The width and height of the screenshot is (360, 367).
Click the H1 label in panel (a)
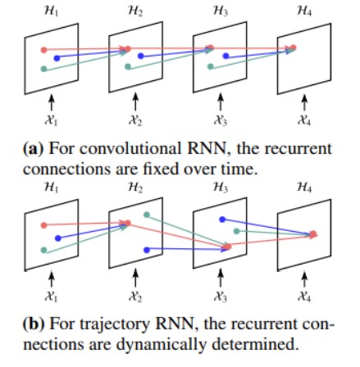tap(51, 11)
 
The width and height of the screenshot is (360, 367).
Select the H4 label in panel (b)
tap(304, 187)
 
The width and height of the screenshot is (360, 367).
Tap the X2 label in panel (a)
tap(135, 120)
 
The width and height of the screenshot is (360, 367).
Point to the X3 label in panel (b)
tap(220, 297)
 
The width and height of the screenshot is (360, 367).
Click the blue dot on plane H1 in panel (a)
tap(57, 58)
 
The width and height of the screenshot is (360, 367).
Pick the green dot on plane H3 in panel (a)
tap(210, 66)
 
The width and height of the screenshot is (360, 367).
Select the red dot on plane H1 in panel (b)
tap(43, 225)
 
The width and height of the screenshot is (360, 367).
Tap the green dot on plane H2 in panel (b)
tap(147, 215)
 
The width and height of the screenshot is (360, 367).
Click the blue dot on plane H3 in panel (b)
tap(222, 220)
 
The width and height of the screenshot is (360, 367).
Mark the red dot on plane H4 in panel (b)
tap(313, 234)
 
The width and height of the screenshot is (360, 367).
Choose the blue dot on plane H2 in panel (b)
tap(147, 250)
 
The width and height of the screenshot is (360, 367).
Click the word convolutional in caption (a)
tap(130, 149)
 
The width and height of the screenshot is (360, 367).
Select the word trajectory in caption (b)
tap(115, 325)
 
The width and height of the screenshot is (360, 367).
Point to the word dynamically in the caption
tap(161, 345)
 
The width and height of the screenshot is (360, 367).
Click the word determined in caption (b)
tap(255, 344)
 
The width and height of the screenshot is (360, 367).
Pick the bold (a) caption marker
tap(34, 149)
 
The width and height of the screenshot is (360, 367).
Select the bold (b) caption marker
tap(34, 325)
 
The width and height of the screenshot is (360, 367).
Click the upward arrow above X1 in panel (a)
tap(51, 102)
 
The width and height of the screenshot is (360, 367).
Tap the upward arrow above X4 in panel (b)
tap(304, 279)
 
